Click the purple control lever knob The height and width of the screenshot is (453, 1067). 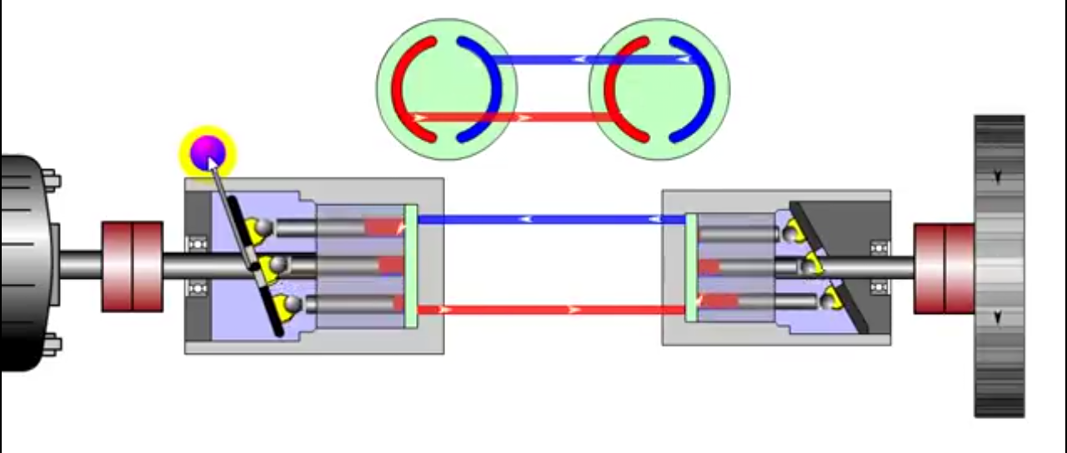tap(207, 152)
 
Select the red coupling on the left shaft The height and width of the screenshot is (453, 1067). tap(132, 266)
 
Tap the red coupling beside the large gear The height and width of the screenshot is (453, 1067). tap(944, 268)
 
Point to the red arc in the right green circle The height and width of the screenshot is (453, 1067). tap(618, 87)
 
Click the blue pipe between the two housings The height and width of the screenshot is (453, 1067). tap(550, 220)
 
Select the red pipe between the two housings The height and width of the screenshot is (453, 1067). tap(550, 310)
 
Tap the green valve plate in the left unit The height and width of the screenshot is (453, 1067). tap(410, 266)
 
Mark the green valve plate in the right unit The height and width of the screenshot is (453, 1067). tap(691, 266)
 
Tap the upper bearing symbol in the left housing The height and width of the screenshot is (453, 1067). tap(198, 244)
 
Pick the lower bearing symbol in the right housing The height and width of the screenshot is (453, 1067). tap(879, 287)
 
